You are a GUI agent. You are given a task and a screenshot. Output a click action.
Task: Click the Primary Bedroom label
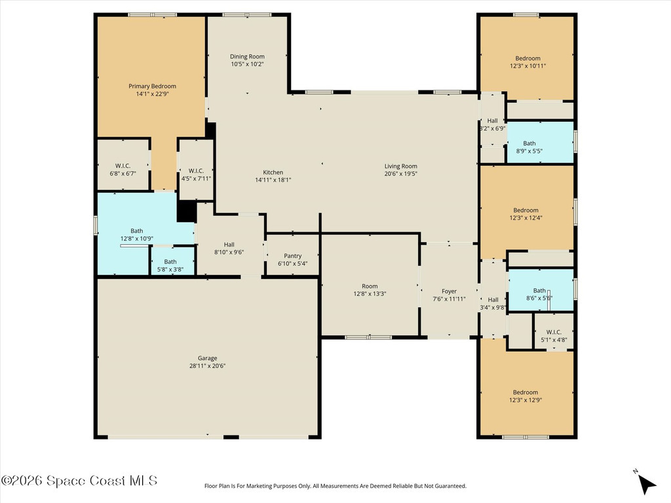pos(152,86)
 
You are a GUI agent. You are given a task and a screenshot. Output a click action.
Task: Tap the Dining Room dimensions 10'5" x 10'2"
pos(247,64)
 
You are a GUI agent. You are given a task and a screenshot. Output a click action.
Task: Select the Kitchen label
pos(273,172)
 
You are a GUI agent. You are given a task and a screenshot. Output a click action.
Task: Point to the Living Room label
pos(400,166)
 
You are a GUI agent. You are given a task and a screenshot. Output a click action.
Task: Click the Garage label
pos(208,358)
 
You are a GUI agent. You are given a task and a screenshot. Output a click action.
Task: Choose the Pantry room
pos(293,255)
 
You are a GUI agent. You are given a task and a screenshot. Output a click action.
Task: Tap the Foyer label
pos(450,291)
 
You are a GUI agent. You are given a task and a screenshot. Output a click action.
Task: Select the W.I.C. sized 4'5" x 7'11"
pos(196,170)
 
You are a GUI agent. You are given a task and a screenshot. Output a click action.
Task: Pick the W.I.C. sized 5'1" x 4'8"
pos(554,331)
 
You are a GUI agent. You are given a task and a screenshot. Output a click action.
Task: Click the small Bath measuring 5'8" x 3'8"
pos(172,261)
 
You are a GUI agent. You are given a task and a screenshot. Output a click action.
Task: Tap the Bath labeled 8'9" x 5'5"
pos(540,142)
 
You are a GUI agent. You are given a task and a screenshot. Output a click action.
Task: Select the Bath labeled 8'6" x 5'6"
pos(541,289)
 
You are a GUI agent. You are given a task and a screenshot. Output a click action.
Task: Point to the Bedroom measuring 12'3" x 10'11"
pos(527,58)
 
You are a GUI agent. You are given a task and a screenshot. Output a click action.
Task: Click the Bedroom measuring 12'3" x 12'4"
pos(527,212)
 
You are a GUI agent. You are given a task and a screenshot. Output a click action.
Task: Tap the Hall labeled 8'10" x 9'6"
pos(229,246)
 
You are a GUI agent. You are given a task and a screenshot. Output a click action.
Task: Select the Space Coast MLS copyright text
pos(79,481)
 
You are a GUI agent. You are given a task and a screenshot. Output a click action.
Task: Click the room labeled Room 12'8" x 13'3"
pos(370,285)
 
